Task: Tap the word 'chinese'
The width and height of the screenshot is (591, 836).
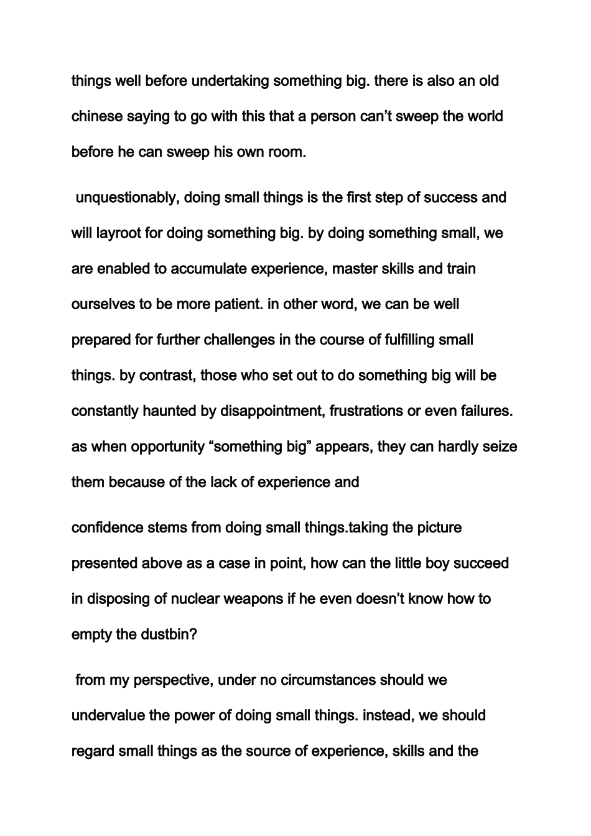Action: [x=97, y=116]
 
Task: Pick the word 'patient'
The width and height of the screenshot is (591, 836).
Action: [x=240, y=305]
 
